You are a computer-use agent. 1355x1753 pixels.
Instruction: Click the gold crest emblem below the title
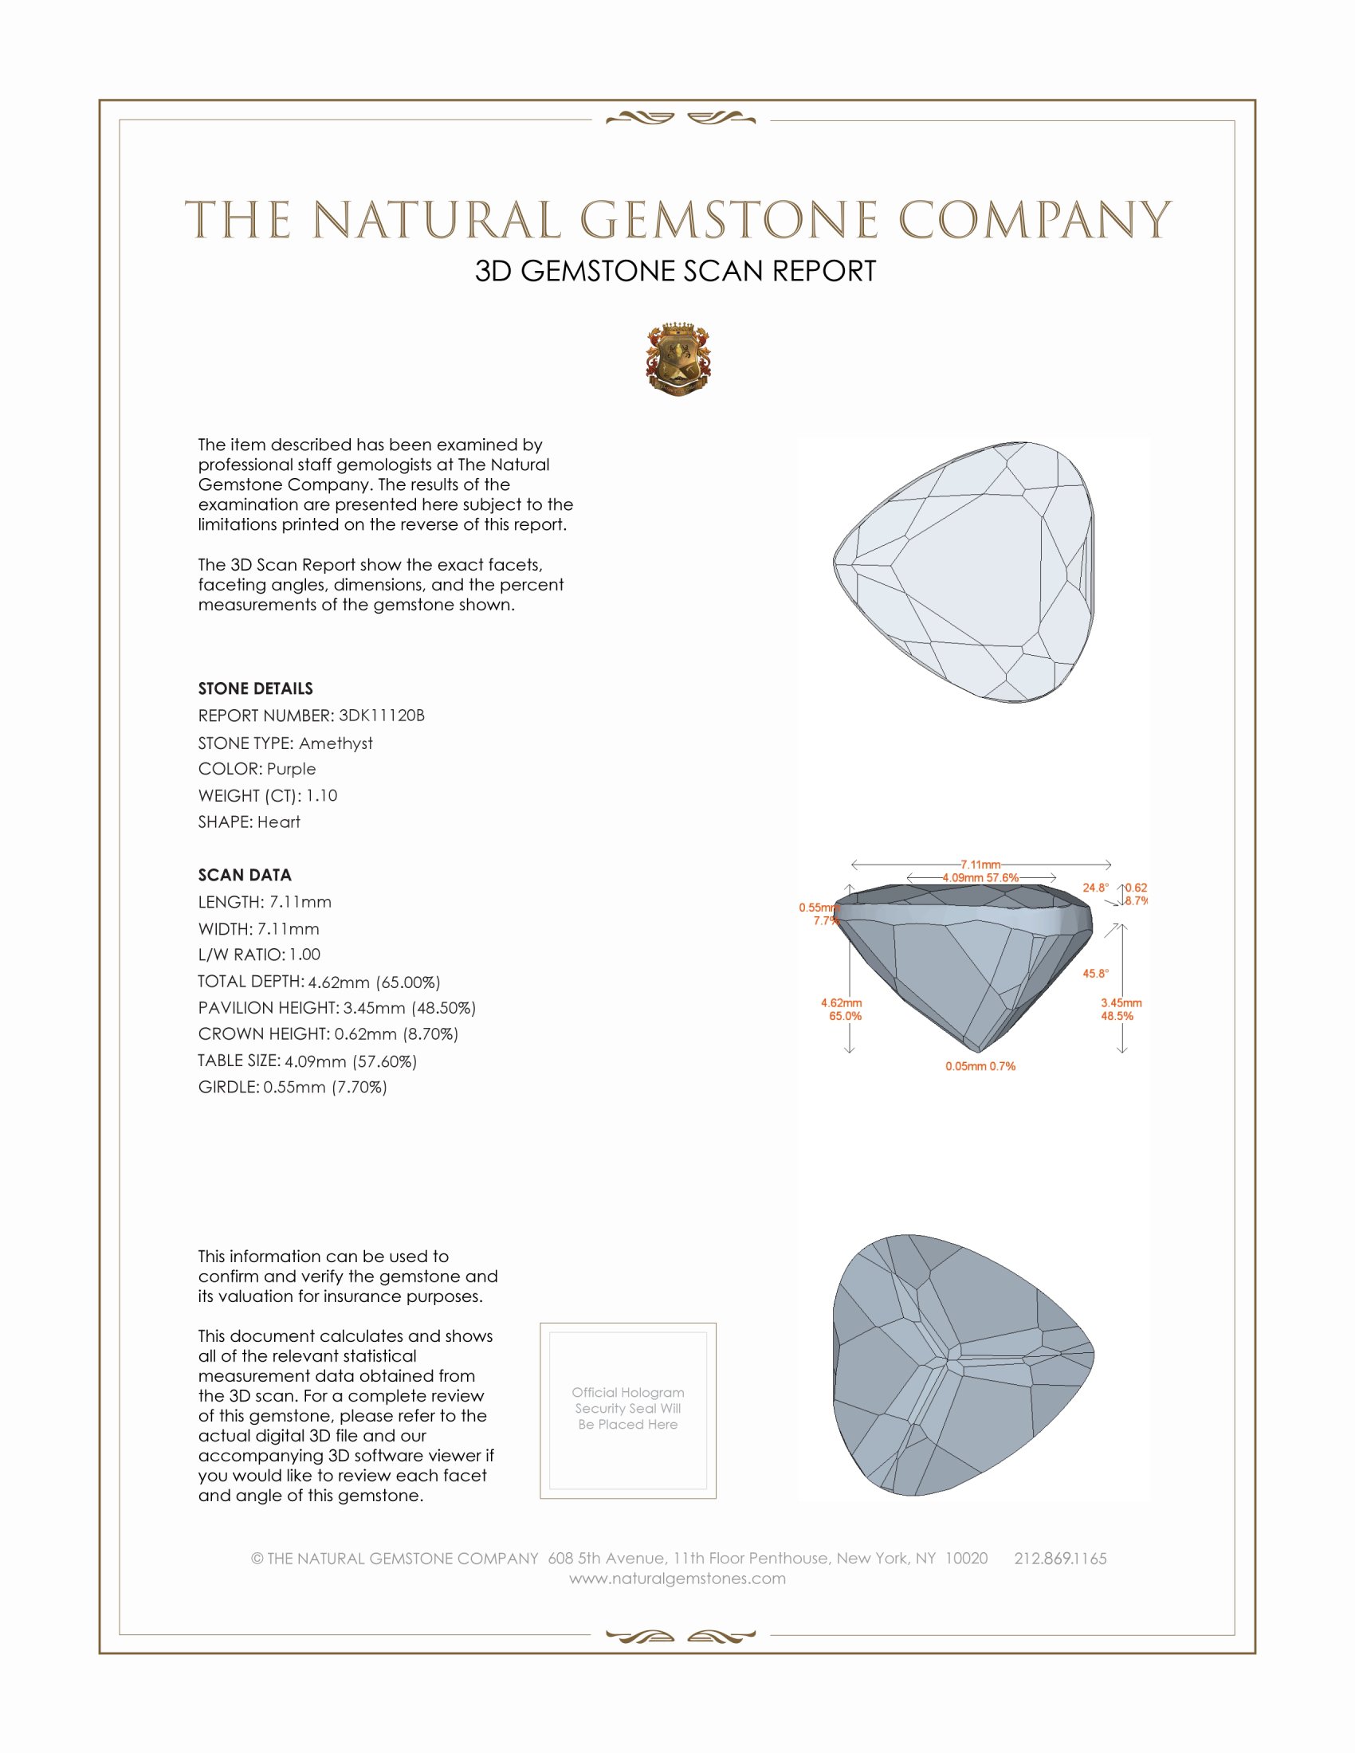click(678, 359)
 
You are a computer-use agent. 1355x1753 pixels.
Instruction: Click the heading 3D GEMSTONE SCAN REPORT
click(675, 271)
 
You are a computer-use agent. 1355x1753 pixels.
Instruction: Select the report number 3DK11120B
click(381, 716)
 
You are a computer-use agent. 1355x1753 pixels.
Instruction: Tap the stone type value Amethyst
click(336, 743)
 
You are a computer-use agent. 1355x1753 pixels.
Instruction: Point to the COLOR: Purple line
click(257, 769)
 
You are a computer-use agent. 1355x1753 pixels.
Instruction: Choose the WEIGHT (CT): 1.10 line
click(267, 795)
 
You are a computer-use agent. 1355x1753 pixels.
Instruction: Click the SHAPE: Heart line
click(249, 822)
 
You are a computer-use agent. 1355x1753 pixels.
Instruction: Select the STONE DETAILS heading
click(255, 688)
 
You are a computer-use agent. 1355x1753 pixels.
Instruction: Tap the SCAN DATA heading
click(245, 875)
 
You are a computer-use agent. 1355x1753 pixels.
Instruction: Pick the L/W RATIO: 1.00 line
click(259, 955)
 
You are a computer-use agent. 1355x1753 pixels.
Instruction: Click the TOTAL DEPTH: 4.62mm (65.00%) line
click(319, 982)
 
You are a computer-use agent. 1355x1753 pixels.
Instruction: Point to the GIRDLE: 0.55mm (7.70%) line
click(293, 1087)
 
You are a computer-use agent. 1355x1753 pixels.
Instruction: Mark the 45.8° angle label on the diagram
click(1095, 974)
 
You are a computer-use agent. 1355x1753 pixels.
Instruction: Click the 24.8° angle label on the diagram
click(1095, 888)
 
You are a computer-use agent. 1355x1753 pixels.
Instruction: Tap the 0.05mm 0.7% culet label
click(980, 1066)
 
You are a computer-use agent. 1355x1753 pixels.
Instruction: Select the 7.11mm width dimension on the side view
click(980, 865)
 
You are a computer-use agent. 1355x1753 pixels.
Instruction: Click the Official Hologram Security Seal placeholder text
click(628, 1408)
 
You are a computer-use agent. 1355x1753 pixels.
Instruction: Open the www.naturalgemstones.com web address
click(677, 1578)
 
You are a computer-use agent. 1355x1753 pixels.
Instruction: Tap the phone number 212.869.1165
click(1059, 1558)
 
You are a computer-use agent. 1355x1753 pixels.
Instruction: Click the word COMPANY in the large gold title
click(1034, 220)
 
